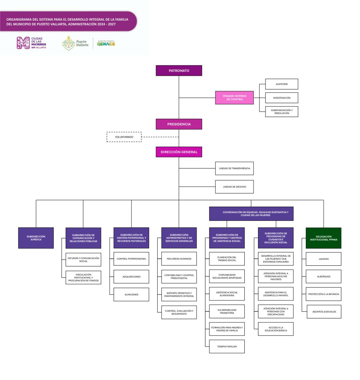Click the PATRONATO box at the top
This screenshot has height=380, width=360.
pos(179,71)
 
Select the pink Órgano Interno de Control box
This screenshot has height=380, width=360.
pos(234,98)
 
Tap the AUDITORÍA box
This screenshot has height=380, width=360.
pos(281,84)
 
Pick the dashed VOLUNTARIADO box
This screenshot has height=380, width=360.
pos(124,137)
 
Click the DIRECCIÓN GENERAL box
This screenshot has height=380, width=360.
pos(179,152)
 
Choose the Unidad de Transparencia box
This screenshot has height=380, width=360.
pos(234,168)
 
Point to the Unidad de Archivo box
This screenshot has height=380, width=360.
pos(234,187)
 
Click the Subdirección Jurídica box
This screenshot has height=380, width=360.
pos(36,238)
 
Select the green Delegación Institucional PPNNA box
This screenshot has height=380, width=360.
pos(323,238)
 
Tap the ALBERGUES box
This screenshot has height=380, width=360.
pos(323,276)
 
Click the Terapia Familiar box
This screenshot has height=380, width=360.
pos(227,346)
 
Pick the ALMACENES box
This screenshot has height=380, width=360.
pos(131,294)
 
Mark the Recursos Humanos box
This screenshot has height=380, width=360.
pos(179,259)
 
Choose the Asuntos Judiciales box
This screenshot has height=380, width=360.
pos(323,312)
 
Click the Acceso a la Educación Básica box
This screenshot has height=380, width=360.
pos(275,329)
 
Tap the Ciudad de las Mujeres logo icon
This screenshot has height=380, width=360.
pos(23,43)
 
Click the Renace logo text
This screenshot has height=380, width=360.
pos(106,44)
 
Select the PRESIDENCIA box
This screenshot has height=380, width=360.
pos(179,124)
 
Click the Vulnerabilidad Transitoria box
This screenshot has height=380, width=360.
pos(227,311)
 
